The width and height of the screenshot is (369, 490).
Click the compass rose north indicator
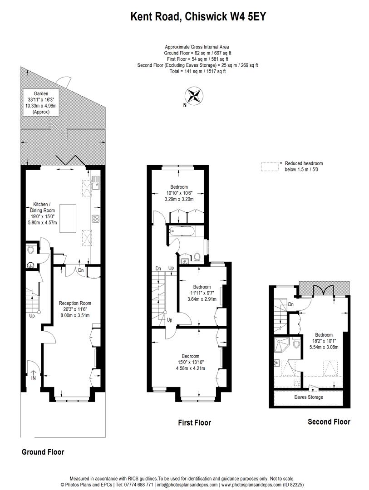194,97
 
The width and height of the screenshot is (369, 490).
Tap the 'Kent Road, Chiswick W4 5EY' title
198,17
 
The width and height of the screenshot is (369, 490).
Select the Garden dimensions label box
44,103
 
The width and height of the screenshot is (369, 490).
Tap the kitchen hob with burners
96,218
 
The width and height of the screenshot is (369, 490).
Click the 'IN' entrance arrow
33,374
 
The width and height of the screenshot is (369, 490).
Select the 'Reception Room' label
75,304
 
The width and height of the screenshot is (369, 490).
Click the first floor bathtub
182,232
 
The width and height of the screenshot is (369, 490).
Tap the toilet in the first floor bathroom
197,257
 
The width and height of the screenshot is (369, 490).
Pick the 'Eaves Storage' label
309,397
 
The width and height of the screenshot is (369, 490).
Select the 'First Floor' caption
194,423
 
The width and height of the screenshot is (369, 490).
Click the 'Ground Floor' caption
43,452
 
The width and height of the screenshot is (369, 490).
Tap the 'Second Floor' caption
329,422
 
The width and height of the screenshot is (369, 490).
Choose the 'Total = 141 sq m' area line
197,71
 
